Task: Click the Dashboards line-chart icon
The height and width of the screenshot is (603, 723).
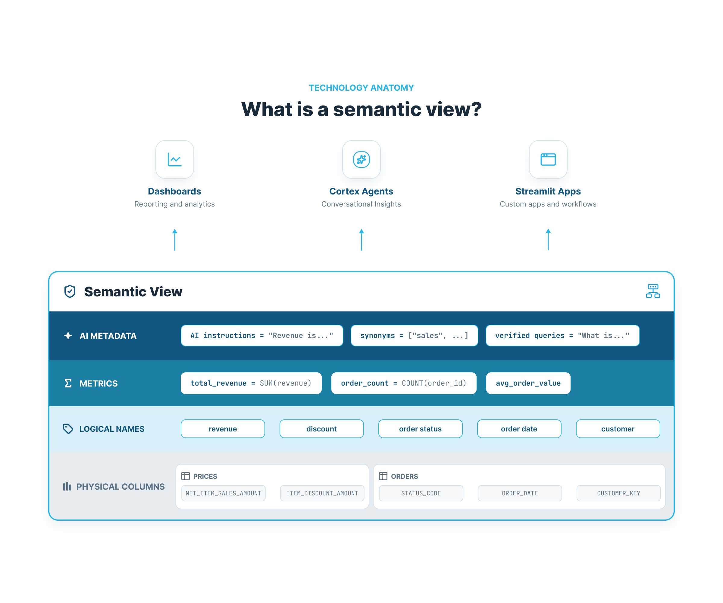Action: click(174, 159)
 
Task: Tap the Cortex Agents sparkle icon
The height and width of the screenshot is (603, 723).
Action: click(361, 159)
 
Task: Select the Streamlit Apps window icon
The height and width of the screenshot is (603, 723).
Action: click(548, 159)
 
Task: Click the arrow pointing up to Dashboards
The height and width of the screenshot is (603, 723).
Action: click(174, 239)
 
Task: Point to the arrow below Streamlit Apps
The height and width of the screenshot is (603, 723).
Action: click(548, 239)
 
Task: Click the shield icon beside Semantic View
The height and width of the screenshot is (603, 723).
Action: click(70, 291)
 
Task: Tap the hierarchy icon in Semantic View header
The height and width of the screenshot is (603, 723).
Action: click(653, 291)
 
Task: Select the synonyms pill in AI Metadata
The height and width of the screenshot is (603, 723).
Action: click(414, 335)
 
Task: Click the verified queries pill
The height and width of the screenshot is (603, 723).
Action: click(562, 335)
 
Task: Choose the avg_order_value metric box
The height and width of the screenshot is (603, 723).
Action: click(528, 383)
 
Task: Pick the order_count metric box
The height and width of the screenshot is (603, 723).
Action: click(403, 383)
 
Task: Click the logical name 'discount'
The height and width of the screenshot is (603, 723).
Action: click(321, 429)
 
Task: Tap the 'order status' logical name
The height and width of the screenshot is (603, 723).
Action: click(420, 429)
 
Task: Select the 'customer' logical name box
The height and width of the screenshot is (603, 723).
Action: click(618, 429)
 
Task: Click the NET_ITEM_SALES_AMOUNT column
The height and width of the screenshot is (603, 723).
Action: click(224, 493)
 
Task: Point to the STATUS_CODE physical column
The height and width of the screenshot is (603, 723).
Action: click(421, 493)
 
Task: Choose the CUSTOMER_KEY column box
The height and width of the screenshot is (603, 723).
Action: click(619, 493)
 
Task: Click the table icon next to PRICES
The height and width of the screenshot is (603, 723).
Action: click(186, 476)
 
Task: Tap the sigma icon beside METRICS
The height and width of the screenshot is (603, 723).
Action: click(68, 383)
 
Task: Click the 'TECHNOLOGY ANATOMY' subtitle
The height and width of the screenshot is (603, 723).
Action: click(361, 88)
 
